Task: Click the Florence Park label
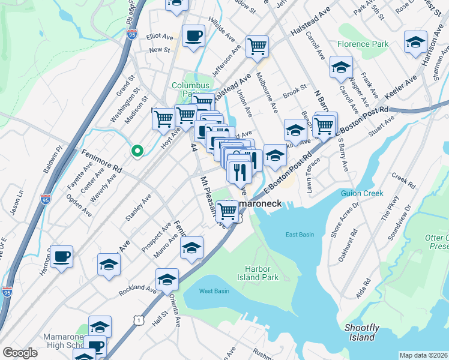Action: coord(363,44)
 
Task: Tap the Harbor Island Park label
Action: coord(271,273)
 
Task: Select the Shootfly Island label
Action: coord(362,332)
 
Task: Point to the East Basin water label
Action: coord(300,234)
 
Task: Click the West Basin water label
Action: coord(214,291)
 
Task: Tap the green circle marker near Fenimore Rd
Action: coord(137,151)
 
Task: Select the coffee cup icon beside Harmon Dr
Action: coord(61,256)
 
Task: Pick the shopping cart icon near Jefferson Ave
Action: coord(257,45)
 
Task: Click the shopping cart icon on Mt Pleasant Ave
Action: coord(227,211)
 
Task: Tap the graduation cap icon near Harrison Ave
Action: coord(415,42)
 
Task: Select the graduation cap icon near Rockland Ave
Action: coord(167,279)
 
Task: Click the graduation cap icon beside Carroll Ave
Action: coord(341,67)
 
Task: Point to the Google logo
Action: coord(20,353)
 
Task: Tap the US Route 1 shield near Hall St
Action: coord(139,322)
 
